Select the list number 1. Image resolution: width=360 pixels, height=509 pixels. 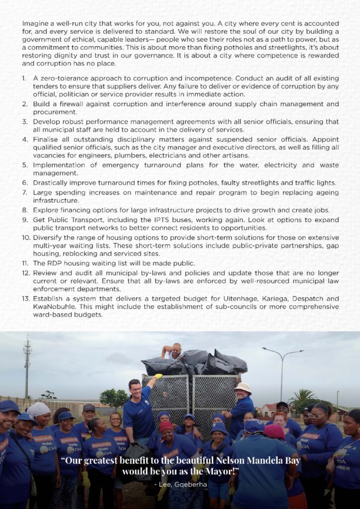coord(24,79)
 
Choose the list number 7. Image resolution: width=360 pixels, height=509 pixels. coord(24,192)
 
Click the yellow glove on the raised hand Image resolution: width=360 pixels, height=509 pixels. coord(159,377)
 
